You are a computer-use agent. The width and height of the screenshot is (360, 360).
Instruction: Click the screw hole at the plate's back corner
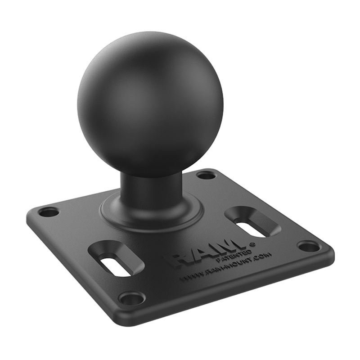click(206, 175)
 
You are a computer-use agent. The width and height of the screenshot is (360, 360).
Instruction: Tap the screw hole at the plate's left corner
click(48, 211)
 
